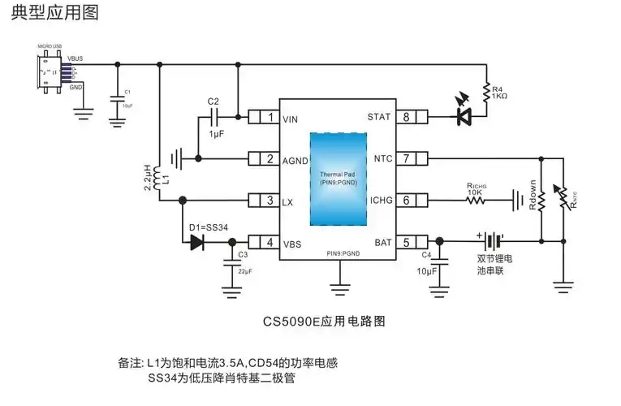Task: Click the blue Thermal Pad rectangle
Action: [x=337, y=178]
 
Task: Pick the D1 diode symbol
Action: [x=196, y=241]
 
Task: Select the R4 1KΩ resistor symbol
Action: [x=485, y=92]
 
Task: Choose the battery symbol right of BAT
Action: [x=491, y=241]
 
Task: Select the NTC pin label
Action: [x=383, y=158]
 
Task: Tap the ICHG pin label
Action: [x=380, y=200]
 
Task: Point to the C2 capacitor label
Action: [x=213, y=101]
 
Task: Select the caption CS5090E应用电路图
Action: [x=324, y=321]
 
